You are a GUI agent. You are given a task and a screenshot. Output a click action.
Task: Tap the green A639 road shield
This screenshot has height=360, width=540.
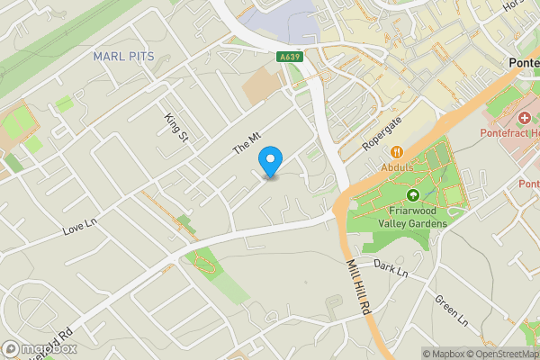[x=289, y=57]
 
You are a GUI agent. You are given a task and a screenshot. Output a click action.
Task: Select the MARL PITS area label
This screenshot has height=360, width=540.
[x=124, y=57]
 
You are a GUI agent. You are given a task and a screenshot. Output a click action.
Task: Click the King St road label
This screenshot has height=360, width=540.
[x=176, y=127]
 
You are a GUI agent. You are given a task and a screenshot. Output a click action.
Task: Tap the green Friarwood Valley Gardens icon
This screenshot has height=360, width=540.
[x=413, y=195]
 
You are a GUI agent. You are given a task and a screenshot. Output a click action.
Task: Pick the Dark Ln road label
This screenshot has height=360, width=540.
[x=391, y=269]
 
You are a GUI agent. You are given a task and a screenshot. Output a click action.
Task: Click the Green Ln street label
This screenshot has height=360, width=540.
[x=452, y=310]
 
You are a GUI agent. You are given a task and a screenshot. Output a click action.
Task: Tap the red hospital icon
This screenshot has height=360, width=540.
[x=525, y=119]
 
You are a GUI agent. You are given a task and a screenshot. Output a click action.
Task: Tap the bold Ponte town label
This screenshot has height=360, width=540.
[x=523, y=63]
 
